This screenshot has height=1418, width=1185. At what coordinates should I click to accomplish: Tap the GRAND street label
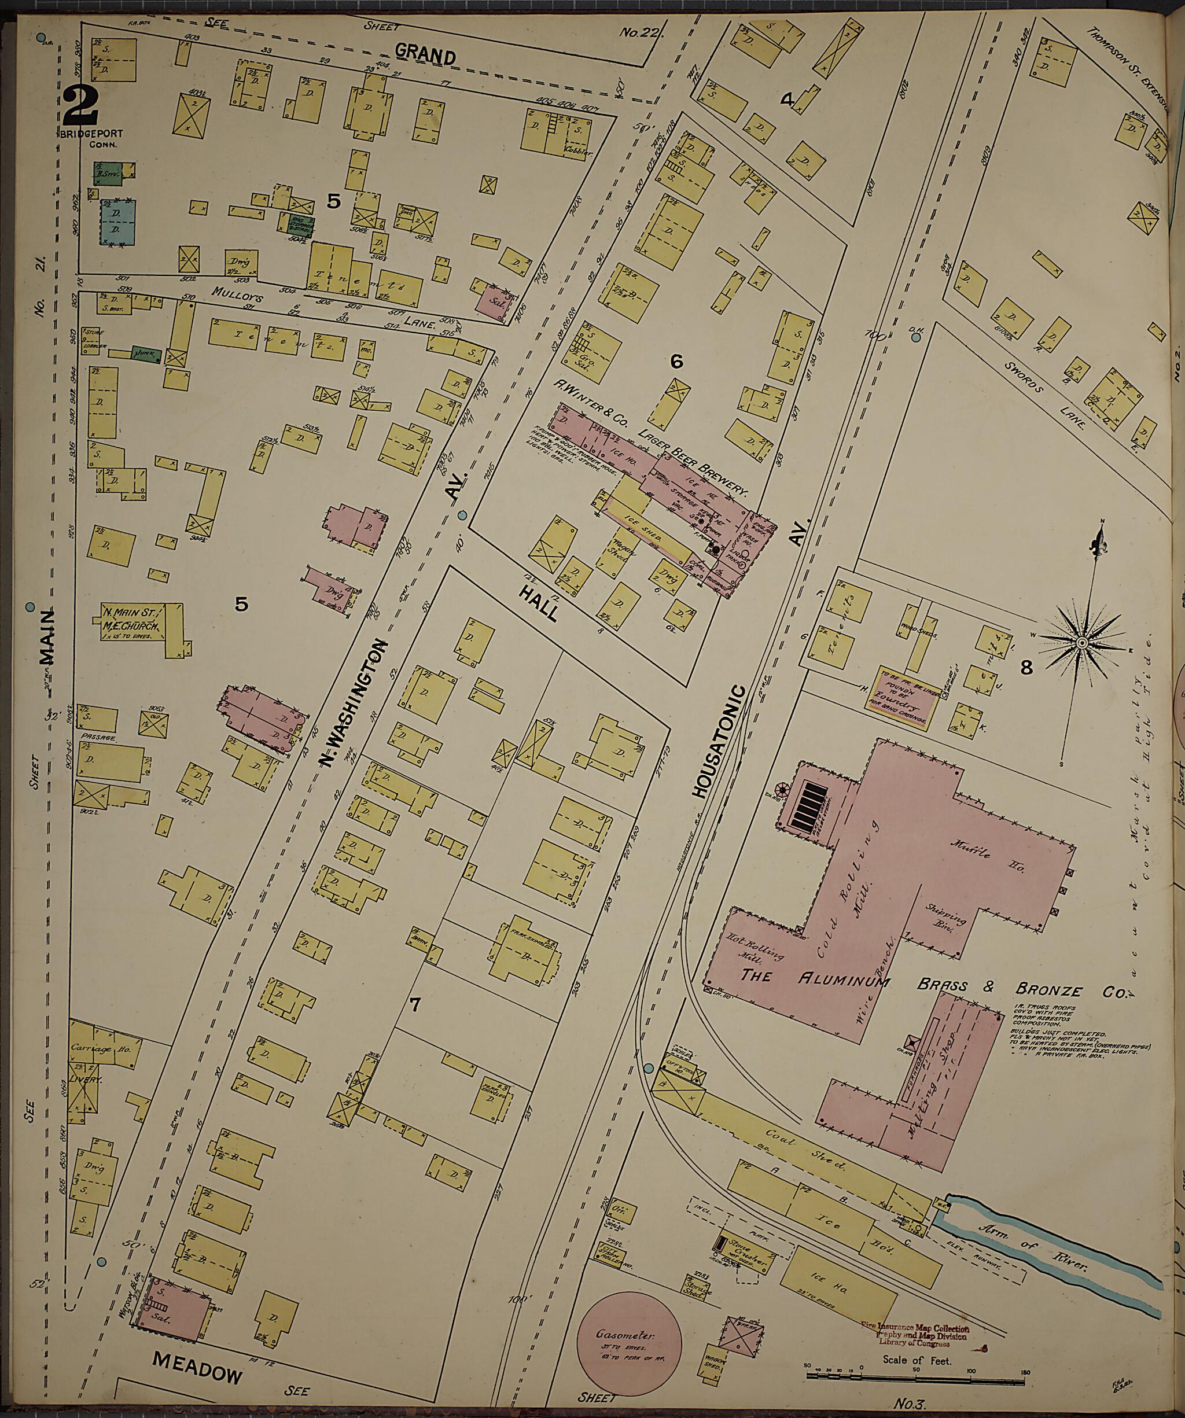(425, 54)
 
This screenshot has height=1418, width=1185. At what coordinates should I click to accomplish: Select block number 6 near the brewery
(676, 362)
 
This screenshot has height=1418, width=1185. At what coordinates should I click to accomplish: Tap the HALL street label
(538, 603)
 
